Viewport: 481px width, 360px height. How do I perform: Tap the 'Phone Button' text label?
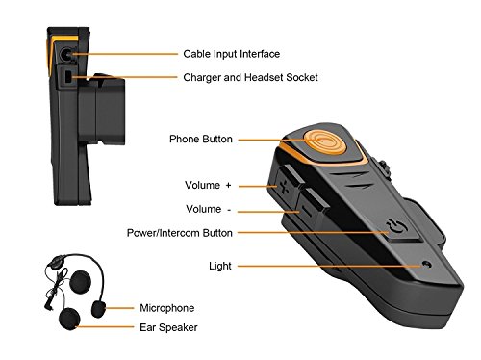click(x=201, y=139)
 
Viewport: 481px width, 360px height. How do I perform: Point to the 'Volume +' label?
click(x=209, y=183)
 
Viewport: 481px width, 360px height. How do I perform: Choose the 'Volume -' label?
click(x=208, y=207)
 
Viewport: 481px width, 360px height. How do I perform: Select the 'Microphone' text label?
click(x=166, y=308)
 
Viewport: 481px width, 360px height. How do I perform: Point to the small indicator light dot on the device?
click(x=423, y=262)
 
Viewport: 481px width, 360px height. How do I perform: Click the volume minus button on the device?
click(x=306, y=203)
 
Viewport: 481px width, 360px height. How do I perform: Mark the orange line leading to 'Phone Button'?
click(x=269, y=140)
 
